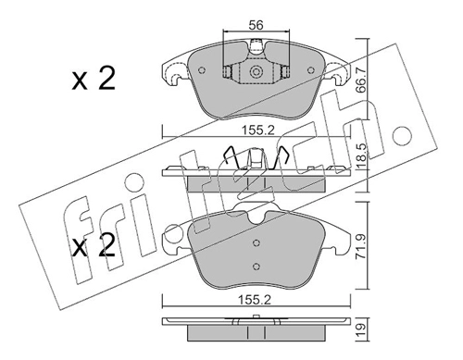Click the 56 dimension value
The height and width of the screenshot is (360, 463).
[x=257, y=25]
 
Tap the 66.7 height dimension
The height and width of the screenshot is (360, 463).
[x=360, y=81]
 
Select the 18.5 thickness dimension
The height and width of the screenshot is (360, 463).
[x=360, y=156]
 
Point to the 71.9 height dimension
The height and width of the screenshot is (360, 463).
[x=360, y=246]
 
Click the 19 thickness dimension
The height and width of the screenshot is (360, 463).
[x=360, y=329]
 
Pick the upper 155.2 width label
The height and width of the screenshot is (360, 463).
[x=257, y=130]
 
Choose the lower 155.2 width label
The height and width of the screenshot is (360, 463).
[x=255, y=300]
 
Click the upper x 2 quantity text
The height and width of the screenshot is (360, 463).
[x=94, y=79]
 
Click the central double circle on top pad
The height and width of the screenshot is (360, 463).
[x=256, y=72]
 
